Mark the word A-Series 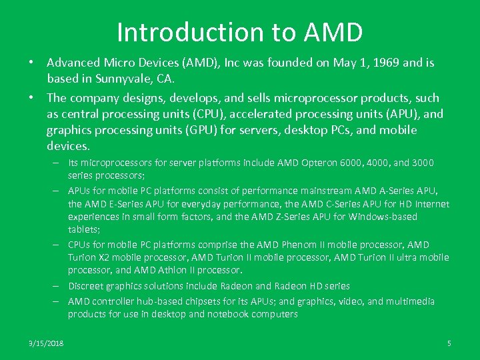tap(393, 190)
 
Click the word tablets tap(83, 229)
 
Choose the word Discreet tap(86, 286)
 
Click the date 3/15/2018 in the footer tap(46, 343)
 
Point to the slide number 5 tap(449, 343)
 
